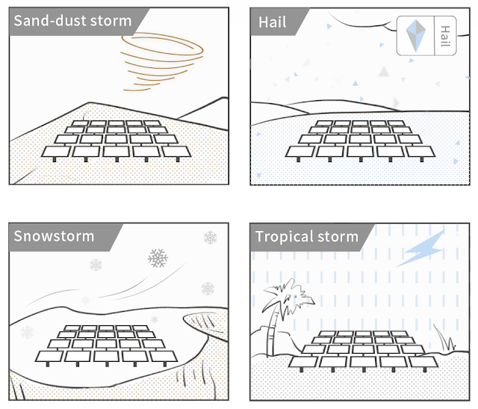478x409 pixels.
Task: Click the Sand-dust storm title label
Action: tap(72, 21)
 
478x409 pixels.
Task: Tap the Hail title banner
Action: tap(273, 21)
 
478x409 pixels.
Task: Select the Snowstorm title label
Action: tap(54, 236)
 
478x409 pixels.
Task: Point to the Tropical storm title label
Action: tap(306, 237)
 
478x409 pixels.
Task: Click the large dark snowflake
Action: tap(158, 259)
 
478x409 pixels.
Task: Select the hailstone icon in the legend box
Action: tap(415, 34)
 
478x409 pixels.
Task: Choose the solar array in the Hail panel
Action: tap(357, 138)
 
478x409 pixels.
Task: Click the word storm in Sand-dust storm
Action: tap(109, 21)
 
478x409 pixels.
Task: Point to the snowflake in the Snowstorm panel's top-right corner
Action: tap(211, 238)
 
